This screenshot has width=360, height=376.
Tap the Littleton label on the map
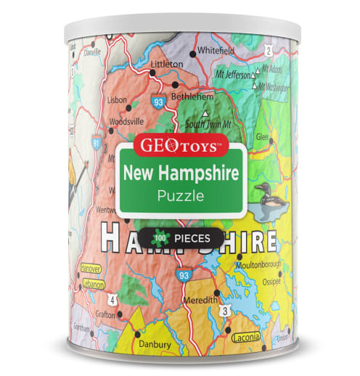click(x=165, y=64)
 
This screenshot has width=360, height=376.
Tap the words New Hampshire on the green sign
click(x=180, y=173)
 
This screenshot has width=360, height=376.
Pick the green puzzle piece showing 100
click(x=157, y=237)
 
